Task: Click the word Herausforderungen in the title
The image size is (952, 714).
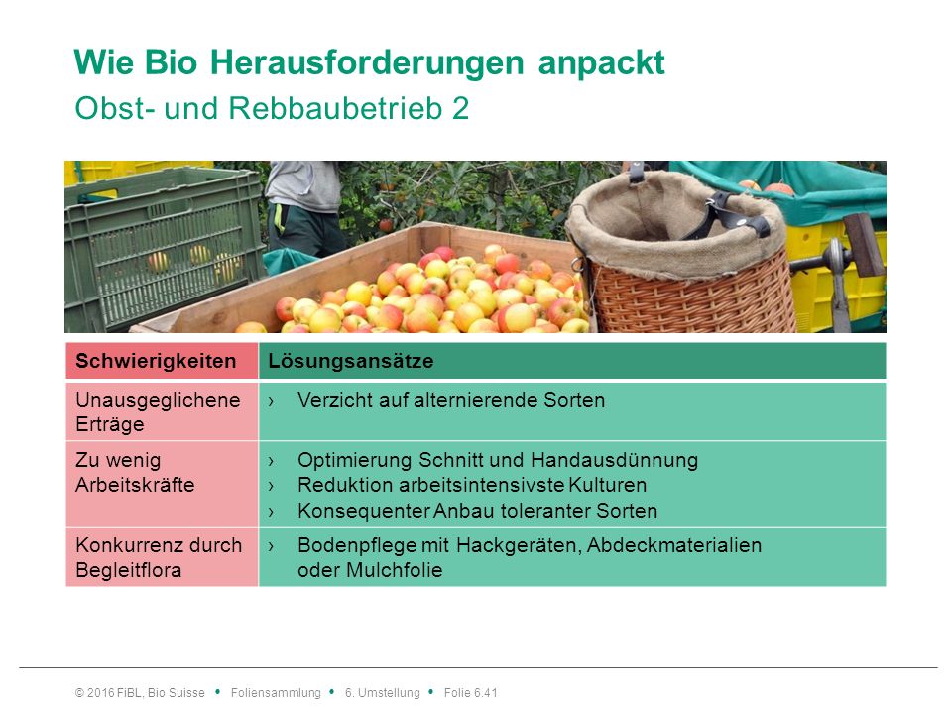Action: tap(367, 62)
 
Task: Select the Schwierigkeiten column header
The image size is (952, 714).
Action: tap(156, 361)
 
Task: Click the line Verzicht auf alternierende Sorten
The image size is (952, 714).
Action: tap(451, 400)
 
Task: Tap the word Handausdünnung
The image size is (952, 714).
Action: tap(615, 460)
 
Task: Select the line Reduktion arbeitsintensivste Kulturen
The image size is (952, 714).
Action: tap(472, 485)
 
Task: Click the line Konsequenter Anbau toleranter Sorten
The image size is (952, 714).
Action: tap(477, 511)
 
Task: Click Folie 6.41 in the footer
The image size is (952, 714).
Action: tap(470, 693)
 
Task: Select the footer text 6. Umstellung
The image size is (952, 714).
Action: tap(383, 693)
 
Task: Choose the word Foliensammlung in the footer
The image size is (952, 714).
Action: tap(276, 693)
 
